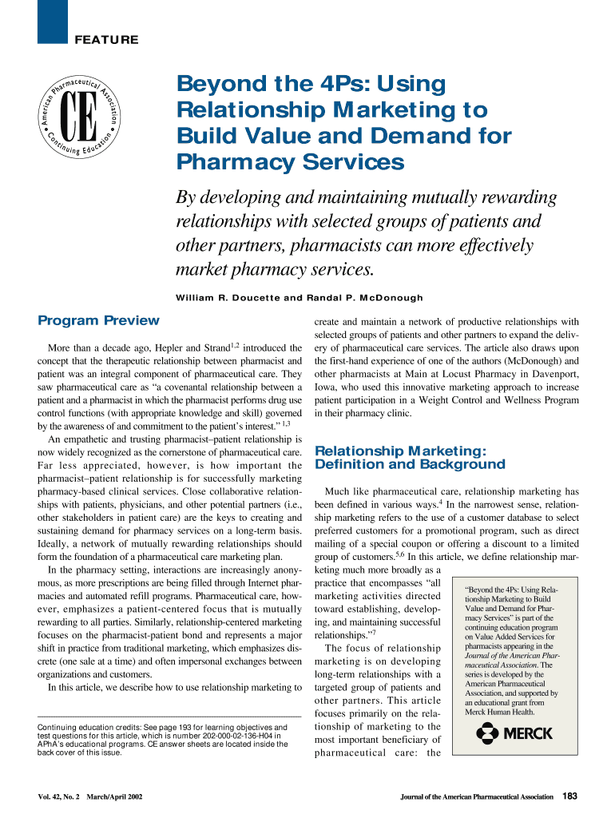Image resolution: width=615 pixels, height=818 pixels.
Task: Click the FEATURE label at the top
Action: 106,40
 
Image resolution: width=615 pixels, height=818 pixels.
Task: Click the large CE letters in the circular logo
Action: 78,118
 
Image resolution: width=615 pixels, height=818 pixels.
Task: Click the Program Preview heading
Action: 99,321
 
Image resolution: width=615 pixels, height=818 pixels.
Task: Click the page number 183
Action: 570,796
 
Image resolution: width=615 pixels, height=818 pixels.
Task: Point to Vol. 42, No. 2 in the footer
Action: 61,796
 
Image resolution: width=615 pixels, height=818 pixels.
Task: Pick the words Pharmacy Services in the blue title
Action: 291,163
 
